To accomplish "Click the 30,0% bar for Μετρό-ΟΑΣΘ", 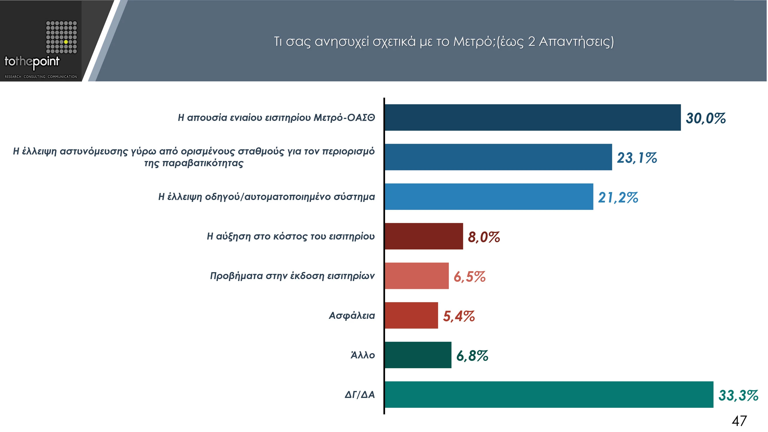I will point(532,118).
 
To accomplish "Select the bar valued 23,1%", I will point(498,157).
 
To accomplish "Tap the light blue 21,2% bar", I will point(489,197).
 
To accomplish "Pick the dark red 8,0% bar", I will point(424,236).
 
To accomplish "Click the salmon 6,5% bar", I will point(416,276).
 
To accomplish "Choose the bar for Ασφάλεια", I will point(411,315).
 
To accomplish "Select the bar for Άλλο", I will point(418,355).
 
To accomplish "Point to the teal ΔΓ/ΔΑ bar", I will point(549,395).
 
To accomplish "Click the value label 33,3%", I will point(738,395).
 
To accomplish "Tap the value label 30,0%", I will point(706,118).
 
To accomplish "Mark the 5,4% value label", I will point(458,316).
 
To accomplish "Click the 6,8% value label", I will point(472,356).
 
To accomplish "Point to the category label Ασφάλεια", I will point(352,315).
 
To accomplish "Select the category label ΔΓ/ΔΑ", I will point(359,395).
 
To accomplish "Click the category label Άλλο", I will point(363,355).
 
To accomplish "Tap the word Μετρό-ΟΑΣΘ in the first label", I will point(344,118).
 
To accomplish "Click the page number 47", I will point(739,421).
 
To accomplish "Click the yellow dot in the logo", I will point(66,42).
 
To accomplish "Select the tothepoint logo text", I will point(32,62).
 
